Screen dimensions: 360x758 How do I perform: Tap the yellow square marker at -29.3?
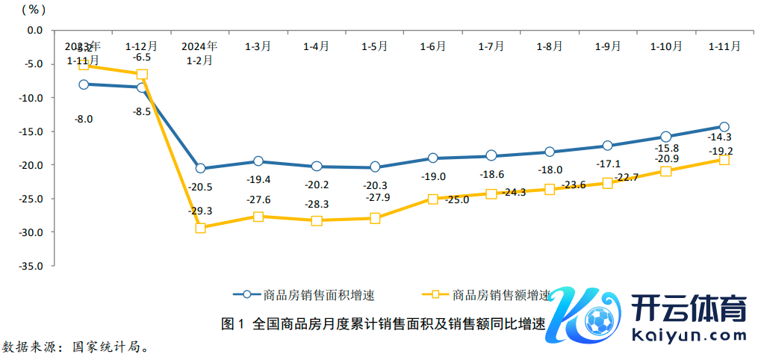(x=200, y=228)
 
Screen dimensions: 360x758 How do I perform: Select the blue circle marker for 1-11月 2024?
(x=724, y=127)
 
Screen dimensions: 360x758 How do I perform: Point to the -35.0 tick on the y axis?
(x=34, y=266)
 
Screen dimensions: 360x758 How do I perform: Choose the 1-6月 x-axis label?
(x=432, y=46)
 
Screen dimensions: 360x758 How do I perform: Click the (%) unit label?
(x=34, y=10)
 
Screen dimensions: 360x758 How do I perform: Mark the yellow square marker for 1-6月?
(x=433, y=199)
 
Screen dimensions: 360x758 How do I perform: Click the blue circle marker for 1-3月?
(x=258, y=161)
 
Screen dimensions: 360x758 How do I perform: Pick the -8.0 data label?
(x=83, y=118)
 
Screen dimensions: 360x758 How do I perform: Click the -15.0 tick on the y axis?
(x=34, y=131)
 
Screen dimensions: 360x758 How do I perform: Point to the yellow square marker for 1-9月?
(x=607, y=183)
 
